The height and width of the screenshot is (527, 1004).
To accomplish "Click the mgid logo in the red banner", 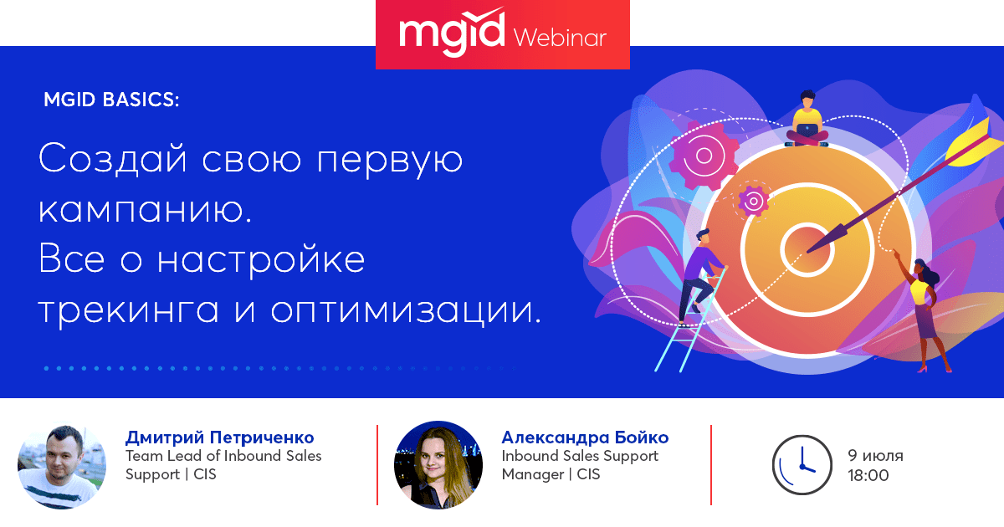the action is click(452, 33).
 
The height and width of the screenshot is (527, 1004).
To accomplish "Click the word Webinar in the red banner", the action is click(560, 38).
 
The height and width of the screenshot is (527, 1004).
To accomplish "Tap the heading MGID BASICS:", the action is click(111, 100).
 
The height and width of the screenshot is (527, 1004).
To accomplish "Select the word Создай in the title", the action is click(112, 159).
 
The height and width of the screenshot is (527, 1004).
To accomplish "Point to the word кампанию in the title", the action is click(145, 210).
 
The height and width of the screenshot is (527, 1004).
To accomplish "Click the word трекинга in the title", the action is click(129, 311).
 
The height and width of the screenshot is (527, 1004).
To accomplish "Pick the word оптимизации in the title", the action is click(406, 311).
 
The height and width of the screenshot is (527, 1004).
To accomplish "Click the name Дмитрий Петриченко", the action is click(219, 437).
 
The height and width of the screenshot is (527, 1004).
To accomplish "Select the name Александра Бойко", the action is click(585, 437).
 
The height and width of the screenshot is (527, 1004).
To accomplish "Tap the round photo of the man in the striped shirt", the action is click(62, 465).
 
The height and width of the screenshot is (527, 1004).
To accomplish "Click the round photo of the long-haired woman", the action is click(438, 465).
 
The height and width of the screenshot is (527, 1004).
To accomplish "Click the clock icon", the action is click(802, 465).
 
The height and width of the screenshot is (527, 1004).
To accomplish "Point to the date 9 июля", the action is click(875, 456).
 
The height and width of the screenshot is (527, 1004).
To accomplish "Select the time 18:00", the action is click(868, 475).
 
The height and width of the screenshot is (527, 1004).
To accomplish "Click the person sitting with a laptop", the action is click(807, 119).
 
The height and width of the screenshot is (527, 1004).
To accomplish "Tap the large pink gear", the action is click(704, 156).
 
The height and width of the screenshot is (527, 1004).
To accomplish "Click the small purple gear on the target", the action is click(754, 202).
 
